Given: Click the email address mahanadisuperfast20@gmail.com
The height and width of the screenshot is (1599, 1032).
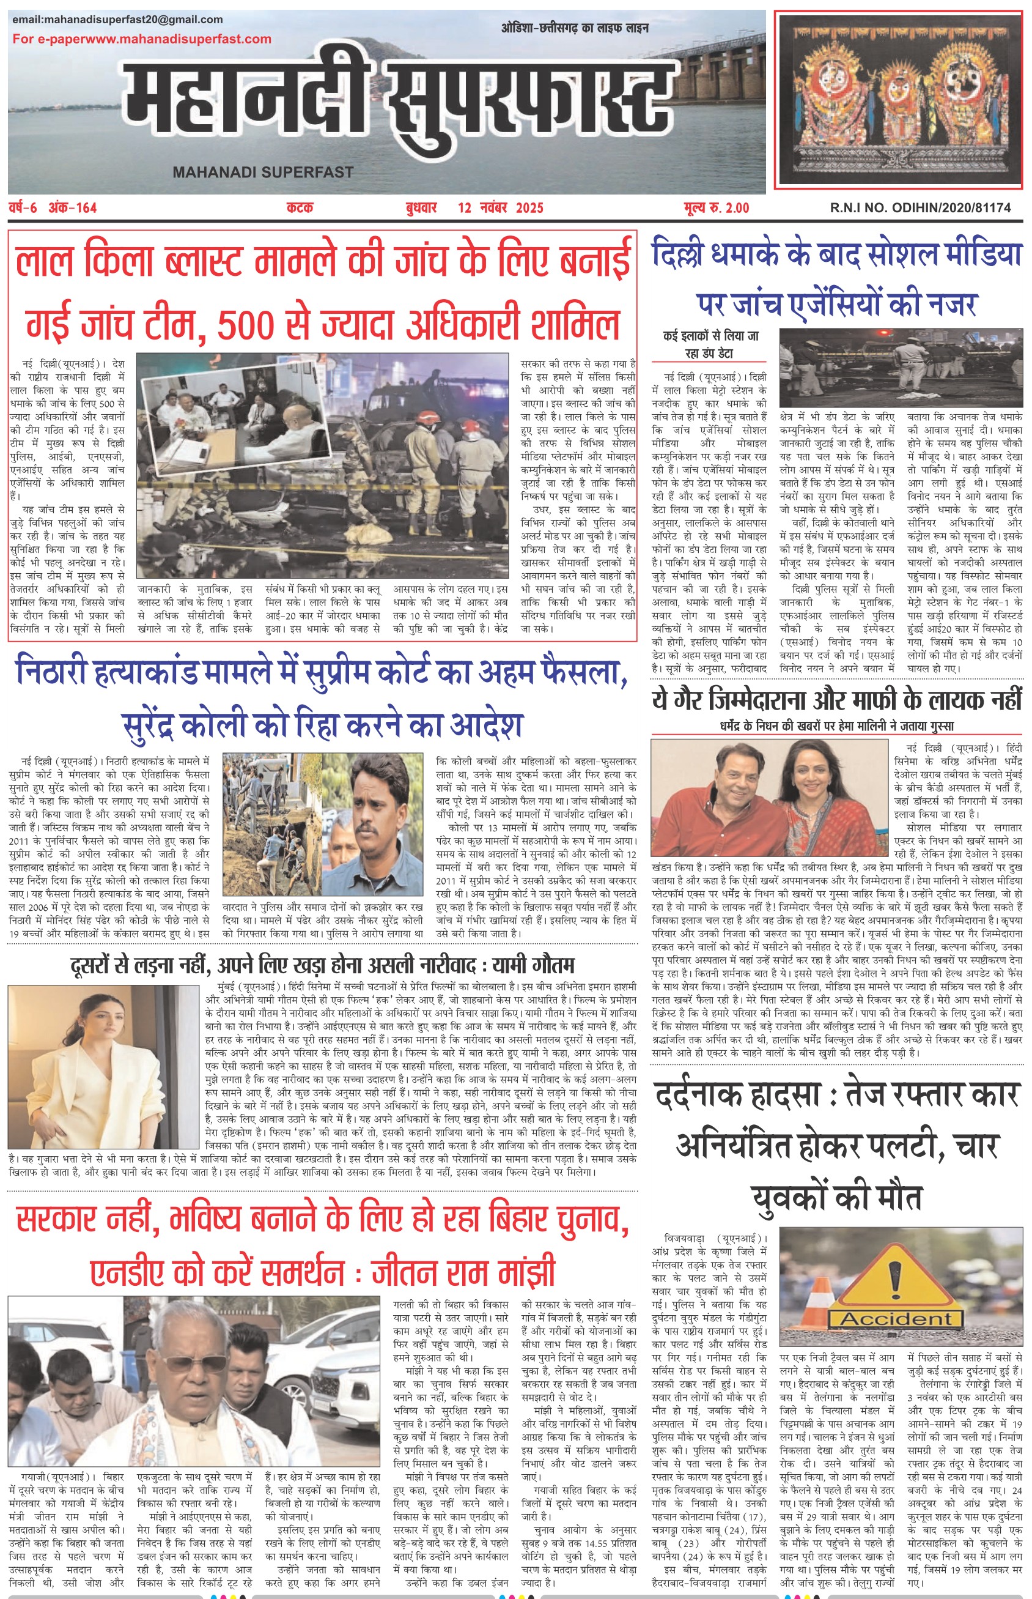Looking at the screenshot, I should coord(117,20).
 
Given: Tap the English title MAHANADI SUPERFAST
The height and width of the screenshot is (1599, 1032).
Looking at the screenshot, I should coord(263,173).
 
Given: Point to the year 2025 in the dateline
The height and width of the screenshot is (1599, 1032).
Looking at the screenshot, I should coord(529,208).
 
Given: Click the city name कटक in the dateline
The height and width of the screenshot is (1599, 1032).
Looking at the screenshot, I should coord(300,208).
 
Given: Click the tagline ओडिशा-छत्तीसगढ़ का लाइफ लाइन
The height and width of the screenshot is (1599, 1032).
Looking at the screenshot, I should coord(574,28).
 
